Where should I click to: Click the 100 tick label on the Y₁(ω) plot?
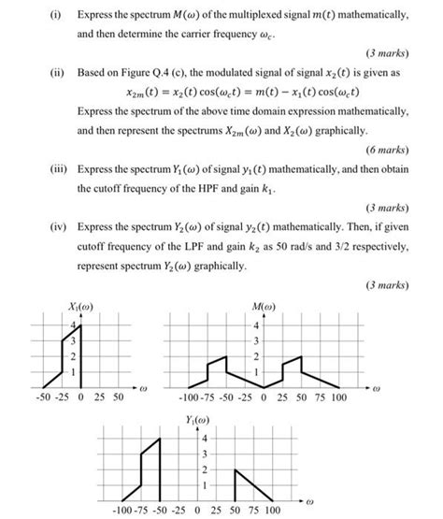tap(272, 509)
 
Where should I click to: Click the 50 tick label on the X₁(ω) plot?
tap(117, 396)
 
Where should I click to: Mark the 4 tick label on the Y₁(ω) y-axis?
tap(203, 438)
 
